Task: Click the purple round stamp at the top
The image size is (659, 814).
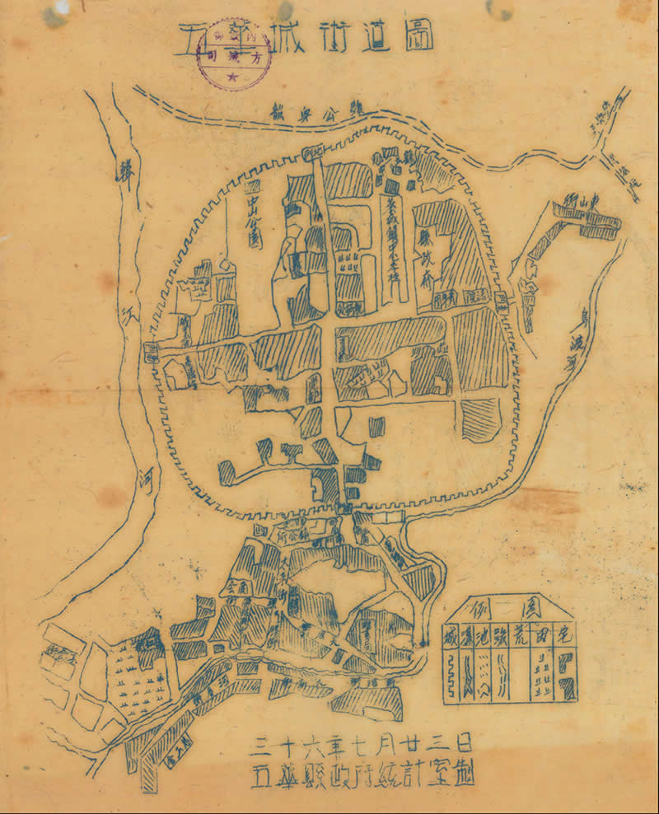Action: click(231, 52)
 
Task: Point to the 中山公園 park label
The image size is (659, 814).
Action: click(253, 215)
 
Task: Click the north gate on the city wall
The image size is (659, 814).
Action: click(313, 153)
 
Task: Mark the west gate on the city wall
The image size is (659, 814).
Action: click(151, 353)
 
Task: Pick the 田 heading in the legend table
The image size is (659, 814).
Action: click(543, 634)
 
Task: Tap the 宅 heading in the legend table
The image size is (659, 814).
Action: click(566, 634)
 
